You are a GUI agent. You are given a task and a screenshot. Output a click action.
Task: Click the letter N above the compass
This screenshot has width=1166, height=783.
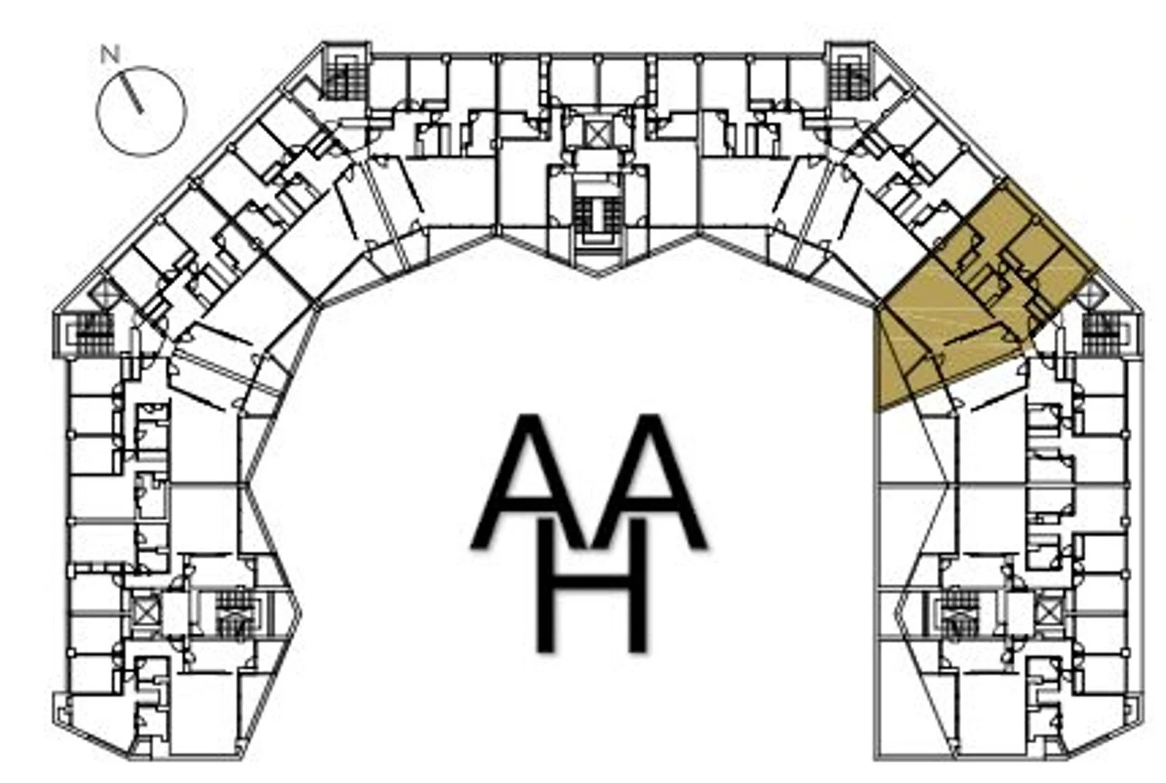[x=110, y=54]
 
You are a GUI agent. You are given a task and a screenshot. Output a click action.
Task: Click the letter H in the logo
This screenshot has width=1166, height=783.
[x=592, y=585]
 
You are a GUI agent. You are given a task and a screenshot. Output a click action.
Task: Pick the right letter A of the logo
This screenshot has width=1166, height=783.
[x=648, y=481]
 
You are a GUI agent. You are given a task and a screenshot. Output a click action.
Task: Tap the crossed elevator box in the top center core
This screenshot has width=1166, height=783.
[x=599, y=133]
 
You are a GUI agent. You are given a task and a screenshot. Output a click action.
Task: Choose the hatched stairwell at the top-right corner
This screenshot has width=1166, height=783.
[x=850, y=78]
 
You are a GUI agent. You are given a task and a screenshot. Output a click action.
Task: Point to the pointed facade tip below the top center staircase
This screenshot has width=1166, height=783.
[x=598, y=275]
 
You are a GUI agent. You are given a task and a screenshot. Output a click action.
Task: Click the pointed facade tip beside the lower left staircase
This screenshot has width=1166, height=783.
[x=301, y=612]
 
